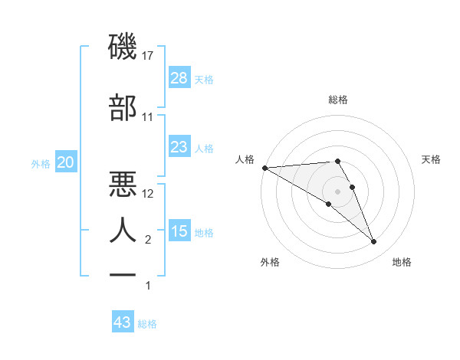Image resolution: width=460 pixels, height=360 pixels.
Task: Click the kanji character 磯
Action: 123,48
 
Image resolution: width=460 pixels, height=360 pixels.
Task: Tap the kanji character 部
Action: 123,108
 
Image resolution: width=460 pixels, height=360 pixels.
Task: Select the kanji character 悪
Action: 123,184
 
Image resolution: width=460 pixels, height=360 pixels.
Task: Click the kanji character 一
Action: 123,274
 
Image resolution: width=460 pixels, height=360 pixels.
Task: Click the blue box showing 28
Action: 179,78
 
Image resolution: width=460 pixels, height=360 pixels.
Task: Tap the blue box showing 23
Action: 179,147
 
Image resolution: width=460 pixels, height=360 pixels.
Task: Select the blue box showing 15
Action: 179,231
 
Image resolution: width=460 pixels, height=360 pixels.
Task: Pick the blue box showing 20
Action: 65,163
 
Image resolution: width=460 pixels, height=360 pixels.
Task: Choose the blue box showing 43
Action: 122,322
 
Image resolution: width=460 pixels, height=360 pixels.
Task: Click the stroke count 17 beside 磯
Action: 148,56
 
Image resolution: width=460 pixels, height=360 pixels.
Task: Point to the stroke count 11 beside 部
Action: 148,117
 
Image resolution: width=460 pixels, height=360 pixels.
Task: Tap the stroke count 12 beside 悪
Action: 148,193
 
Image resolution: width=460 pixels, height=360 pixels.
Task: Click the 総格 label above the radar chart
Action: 337,100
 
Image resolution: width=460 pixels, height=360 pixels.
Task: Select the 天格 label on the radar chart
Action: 432,159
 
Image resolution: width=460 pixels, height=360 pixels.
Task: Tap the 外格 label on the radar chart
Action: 270,262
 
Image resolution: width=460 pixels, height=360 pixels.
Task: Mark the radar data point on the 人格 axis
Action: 264,167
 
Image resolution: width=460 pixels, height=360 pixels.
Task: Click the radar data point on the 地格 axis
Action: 373,242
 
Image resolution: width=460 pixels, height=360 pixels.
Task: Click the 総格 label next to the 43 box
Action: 147,324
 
